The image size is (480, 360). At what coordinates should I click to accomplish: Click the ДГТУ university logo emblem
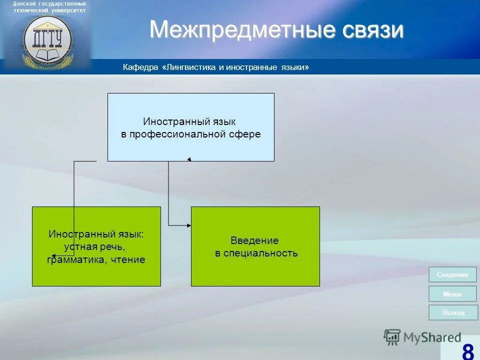click(47, 40)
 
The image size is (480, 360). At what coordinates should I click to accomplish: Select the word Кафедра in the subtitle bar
click(141, 67)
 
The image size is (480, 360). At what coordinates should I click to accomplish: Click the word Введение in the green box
click(254, 240)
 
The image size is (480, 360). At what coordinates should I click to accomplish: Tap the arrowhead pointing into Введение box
click(189, 226)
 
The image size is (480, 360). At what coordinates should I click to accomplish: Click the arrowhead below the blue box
click(189, 159)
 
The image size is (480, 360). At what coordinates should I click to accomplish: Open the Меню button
click(452, 294)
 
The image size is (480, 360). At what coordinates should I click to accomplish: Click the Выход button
click(453, 312)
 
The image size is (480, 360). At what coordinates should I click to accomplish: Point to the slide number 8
click(467, 351)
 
